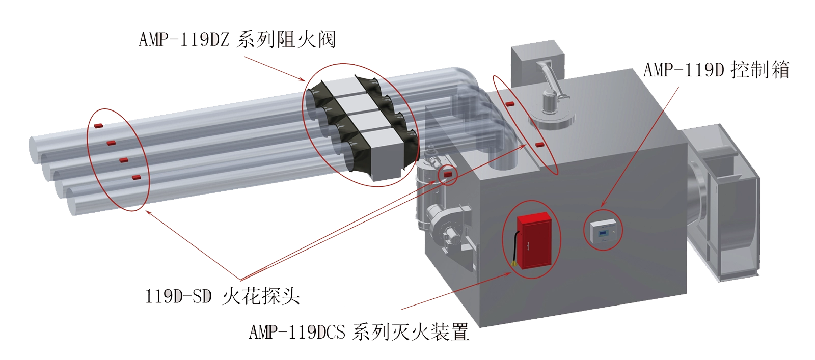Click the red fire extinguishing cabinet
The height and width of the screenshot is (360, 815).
pos(534,240)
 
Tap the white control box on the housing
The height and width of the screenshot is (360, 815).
pos(603,231)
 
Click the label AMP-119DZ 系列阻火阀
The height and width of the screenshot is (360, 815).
pos(237,39)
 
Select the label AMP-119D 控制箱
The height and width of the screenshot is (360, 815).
pos(716,69)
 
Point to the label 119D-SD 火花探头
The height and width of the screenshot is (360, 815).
pos(222,296)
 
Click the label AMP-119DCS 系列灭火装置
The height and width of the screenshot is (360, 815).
pos(359,331)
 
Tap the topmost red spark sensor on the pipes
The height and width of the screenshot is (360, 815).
pos(99,126)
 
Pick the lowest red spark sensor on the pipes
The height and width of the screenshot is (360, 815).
pos(137,178)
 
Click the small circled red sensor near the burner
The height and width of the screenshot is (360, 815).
pos(448,174)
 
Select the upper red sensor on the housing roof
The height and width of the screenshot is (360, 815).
pos(509,104)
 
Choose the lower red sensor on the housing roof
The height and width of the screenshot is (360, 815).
pos(540,145)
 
